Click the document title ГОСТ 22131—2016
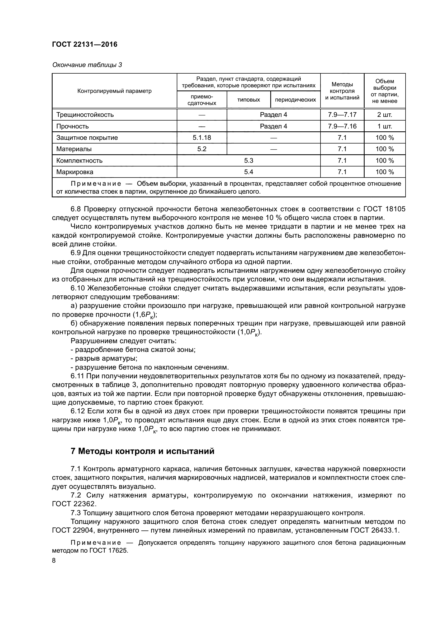[85, 44]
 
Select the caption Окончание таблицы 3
[87, 65]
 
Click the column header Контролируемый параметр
[114, 91]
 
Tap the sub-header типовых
[248, 100]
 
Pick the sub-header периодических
[295, 100]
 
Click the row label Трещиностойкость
[85, 115]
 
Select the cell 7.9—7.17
[342, 115]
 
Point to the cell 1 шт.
[384, 126]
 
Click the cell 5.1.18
[202, 138]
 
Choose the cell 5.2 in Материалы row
[202, 149]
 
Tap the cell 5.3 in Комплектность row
[248, 161]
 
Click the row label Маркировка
[75, 172]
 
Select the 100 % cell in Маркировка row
[384, 172]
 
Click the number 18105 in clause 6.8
[395, 209]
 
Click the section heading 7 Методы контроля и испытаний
[142, 451]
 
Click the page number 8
[54, 561]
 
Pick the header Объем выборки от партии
[384, 91]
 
